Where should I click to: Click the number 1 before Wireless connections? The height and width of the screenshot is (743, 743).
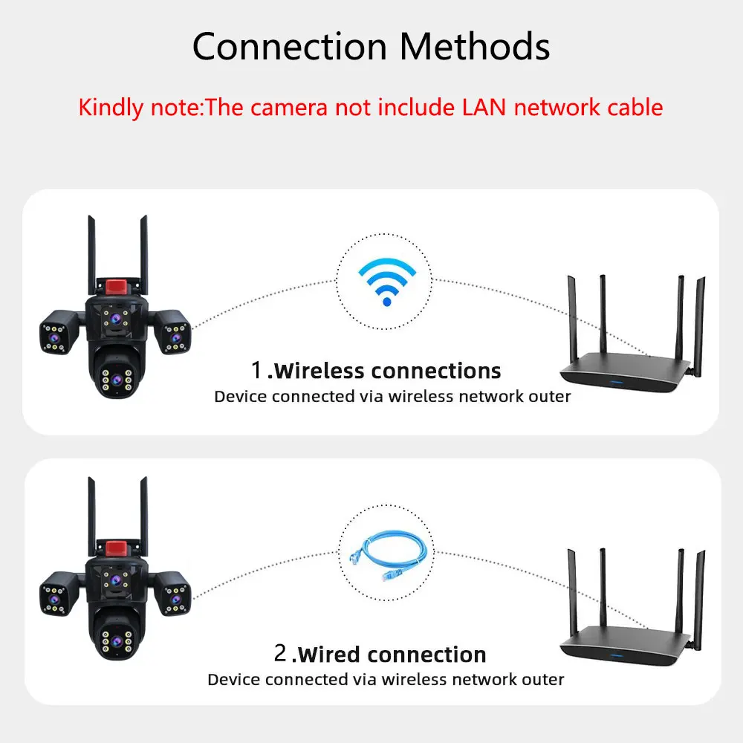[x=257, y=369]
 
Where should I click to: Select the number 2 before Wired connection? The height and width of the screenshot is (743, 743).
[x=280, y=654]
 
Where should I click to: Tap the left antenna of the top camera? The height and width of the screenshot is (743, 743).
[x=91, y=253]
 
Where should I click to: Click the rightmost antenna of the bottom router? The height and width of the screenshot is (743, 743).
[x=700, y=594]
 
